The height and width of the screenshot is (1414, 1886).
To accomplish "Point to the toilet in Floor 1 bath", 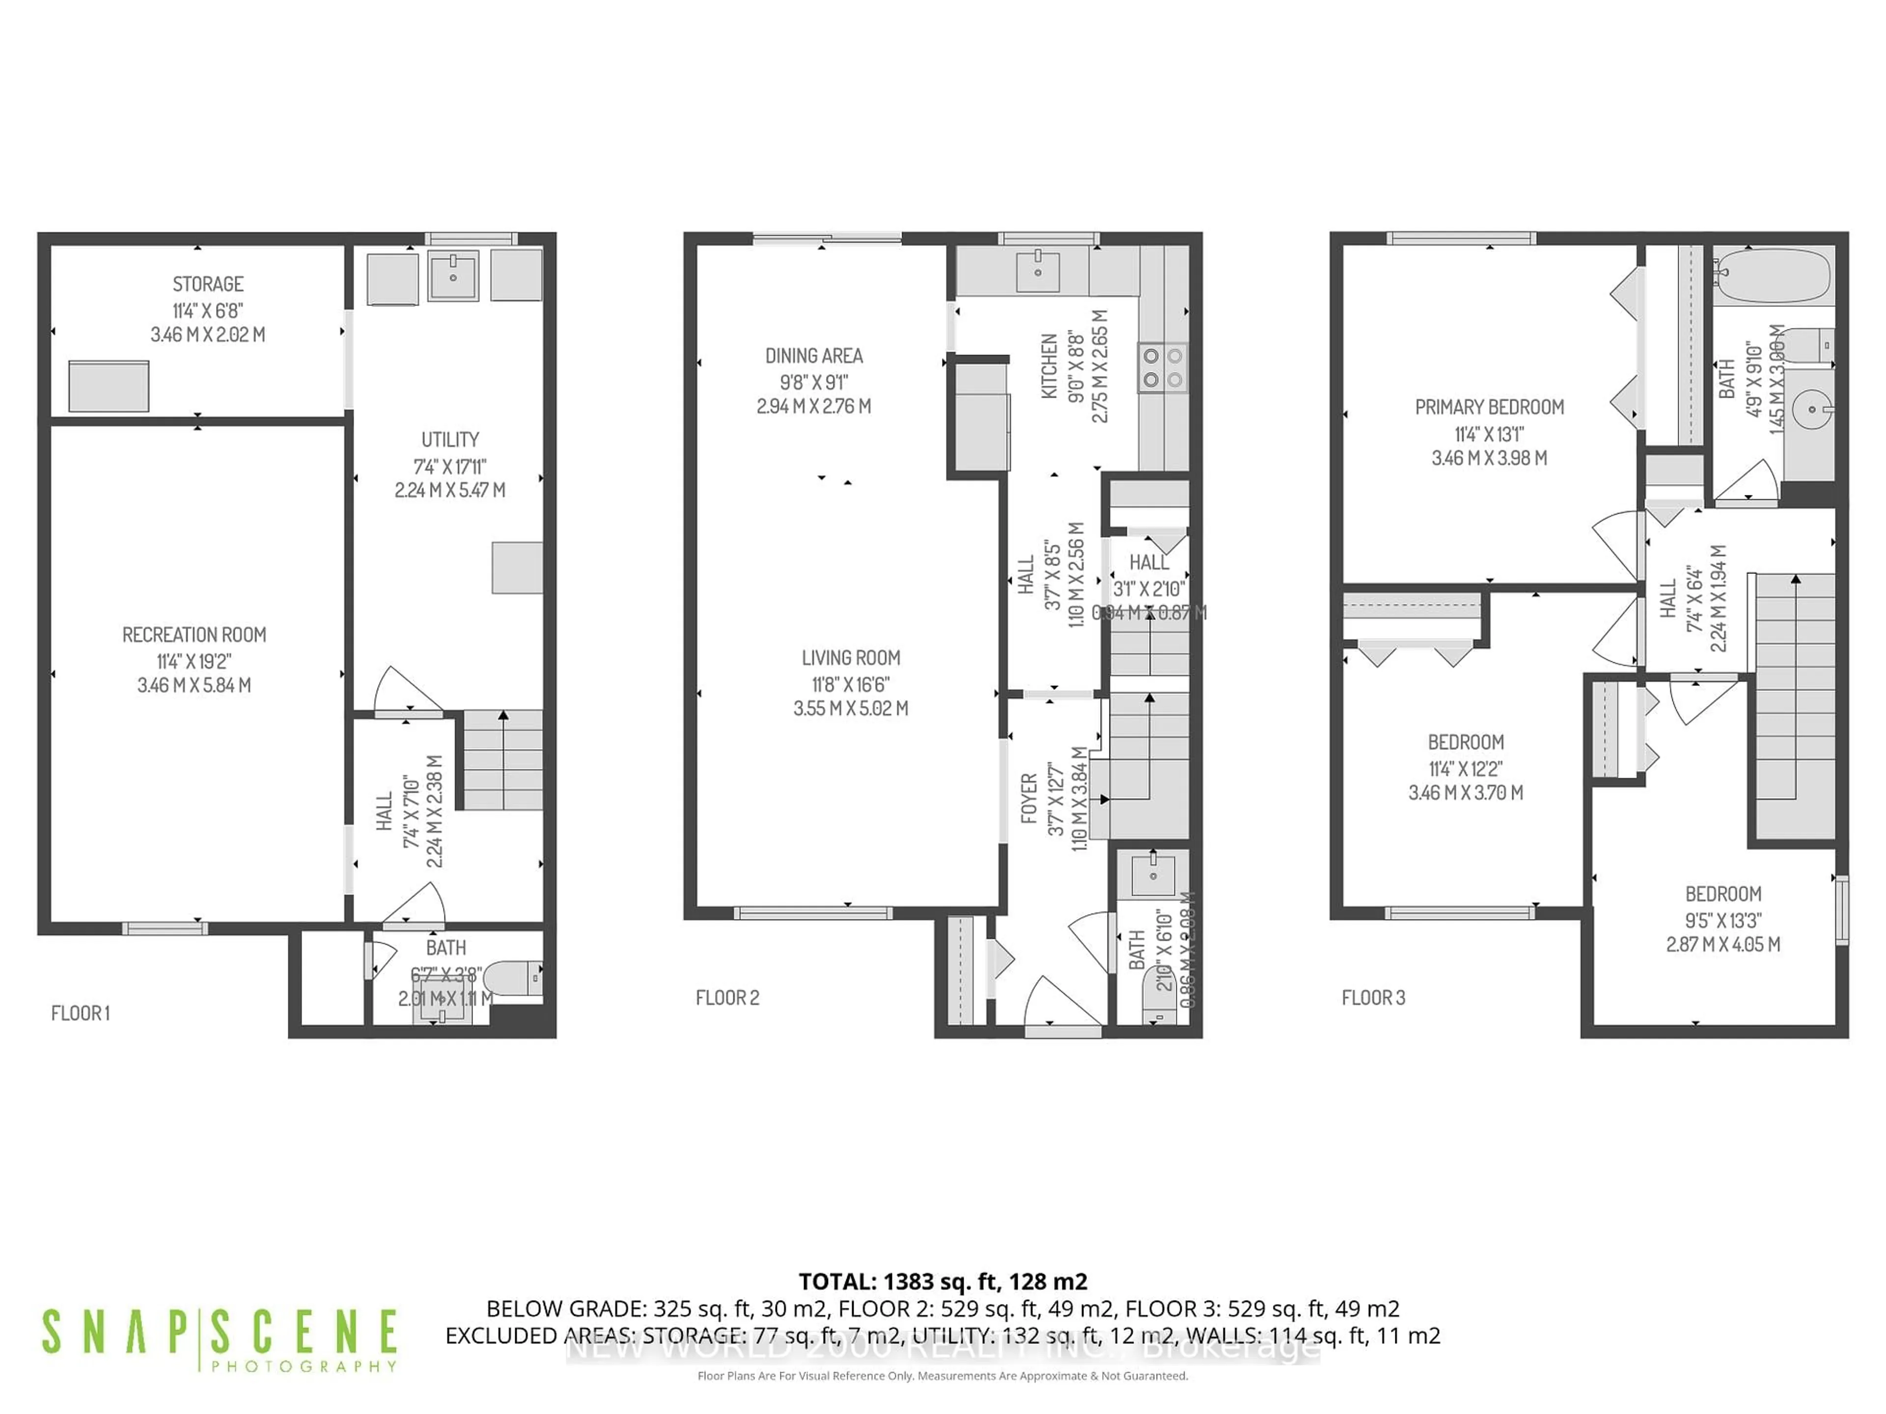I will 515,979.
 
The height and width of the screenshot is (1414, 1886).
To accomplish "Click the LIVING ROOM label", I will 850,658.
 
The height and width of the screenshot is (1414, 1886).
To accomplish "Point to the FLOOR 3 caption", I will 1373,997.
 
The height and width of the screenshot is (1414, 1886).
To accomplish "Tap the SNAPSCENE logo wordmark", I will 219,1332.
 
